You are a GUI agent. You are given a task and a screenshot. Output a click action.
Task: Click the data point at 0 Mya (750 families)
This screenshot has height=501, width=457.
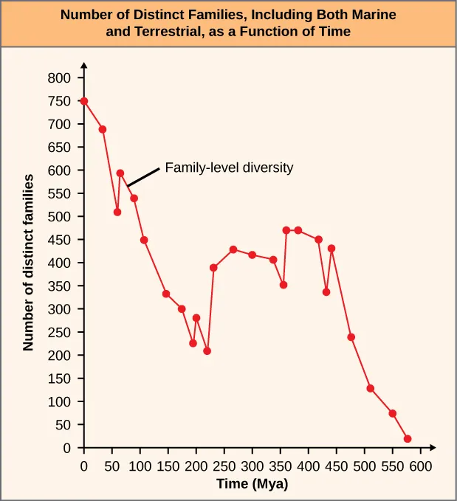(x=84, y=101)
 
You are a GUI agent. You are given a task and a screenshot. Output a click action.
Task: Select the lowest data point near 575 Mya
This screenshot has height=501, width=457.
(x=408, y=439)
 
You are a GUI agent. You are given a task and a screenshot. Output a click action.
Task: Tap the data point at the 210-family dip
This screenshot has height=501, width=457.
(x=207, y=350)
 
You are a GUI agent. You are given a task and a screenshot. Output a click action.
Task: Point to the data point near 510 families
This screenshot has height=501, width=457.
(x=117, y=212)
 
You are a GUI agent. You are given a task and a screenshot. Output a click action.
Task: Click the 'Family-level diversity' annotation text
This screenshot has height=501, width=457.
(x=229, y=167)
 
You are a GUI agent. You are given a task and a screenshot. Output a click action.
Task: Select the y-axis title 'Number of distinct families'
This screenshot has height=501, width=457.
(x=29, y=262)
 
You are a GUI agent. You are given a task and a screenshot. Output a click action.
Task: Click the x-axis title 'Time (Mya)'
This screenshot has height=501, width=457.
(x=252, y=484)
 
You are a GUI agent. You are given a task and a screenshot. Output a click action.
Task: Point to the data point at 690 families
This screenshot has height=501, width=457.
(x=103, y=129)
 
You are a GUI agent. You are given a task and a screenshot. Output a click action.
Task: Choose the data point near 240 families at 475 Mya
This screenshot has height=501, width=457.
(x=351, y=337)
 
